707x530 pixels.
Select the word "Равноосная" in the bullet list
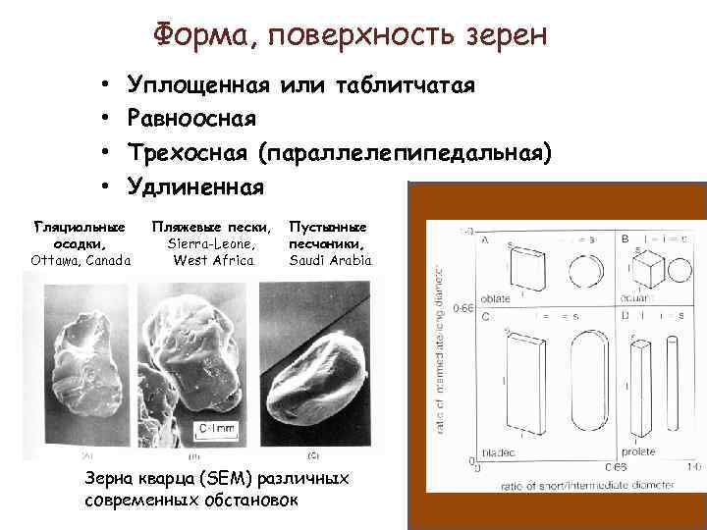[x=192, y=119]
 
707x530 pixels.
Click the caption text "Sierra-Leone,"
[x=212, y=243]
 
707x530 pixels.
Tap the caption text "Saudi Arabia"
[x=331, y=260]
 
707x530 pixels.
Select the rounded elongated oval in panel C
[x=574, y=388]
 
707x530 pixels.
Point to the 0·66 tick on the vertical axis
[x=464, y=308]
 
